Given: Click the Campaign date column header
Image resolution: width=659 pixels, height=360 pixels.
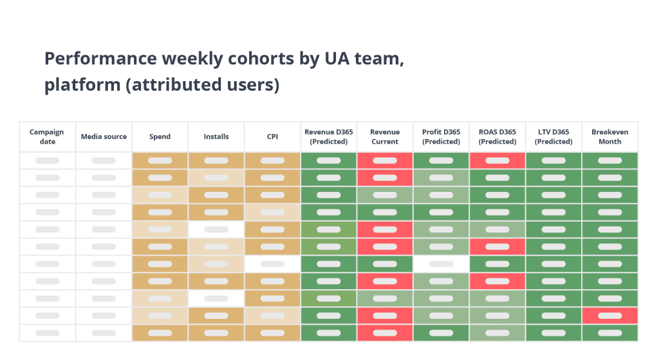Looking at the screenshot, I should (47, 137).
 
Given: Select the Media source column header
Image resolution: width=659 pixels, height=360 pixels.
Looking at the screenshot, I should (104, 137).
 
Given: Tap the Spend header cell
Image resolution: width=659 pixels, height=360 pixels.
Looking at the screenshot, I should (160, 137).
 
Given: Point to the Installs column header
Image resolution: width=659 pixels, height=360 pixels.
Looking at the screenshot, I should (216, 137).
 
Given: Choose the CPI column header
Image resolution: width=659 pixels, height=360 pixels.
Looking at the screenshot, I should (272, 137).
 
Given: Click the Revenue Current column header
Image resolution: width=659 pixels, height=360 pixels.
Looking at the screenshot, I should (385, 137).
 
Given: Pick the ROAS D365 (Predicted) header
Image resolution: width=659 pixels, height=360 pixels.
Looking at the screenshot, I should (497, 137).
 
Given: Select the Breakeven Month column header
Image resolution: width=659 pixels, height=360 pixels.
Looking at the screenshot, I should (609, 137).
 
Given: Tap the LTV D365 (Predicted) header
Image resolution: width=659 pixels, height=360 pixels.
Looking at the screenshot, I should (553, 137).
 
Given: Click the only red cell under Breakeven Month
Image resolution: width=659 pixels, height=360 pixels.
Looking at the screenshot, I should (609, 316).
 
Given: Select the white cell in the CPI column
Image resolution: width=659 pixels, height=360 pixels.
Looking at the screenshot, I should (272, 264).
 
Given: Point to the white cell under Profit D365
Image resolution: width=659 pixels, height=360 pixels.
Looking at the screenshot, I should (441, 264).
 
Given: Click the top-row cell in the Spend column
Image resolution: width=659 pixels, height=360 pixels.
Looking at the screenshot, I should (160, 160).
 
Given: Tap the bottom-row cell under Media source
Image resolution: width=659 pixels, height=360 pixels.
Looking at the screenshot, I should (104, 333).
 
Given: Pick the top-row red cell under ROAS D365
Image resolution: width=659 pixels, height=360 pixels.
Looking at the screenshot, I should (497, 160).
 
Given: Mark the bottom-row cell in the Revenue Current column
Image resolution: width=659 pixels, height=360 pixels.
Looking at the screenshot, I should (385, 333).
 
